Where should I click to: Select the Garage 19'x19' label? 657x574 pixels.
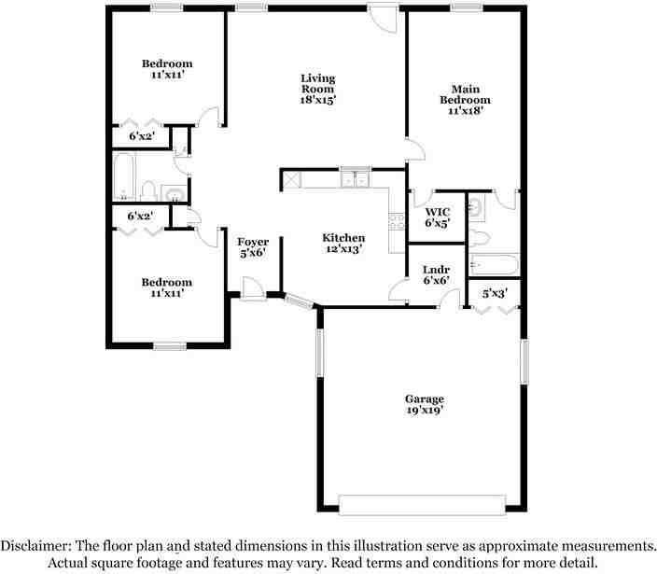pyautogui.click(x=424, y=404)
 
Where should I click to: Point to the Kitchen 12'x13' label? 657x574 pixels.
pyautogui.click(x=342, y=243)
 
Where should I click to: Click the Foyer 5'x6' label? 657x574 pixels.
pyautogui.click(x=253, y=247)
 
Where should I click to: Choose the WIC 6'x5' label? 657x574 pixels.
pyautogui.click(x=438, y=217)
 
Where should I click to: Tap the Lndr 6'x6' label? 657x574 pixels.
pyautogui.click(x=437, y=274)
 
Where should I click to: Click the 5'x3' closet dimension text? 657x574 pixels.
pyautogui.click(x=494, y=293)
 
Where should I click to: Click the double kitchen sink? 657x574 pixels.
pyautogui.click(x=355, y=178)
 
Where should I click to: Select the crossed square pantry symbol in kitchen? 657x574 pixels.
pyautogui.click(x=291, y=179)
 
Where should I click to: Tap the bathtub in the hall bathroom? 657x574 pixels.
pyautogui.click(x=123, y=177)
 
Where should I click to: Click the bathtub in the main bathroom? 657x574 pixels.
pyautogui.click(x=493, y=265)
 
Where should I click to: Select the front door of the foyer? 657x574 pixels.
pyautogui.click(x=250, y=289)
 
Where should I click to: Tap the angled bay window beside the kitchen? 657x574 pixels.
pyautogui.click(x=300, y=301)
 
